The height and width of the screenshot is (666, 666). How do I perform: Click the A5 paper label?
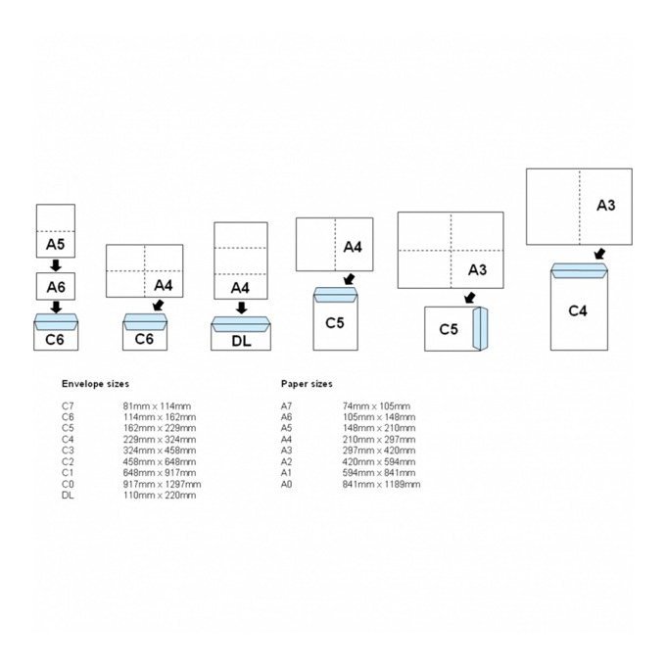tap(55, 244)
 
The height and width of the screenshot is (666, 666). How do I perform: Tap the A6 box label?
tap(56, 287)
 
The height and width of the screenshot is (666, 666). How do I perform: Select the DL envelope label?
tap(241, 341)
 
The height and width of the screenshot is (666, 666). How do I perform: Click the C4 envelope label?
tap(578, 310)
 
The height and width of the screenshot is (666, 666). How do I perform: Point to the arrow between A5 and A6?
tap(56, 265)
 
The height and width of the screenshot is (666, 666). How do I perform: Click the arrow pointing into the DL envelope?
tap(241, 308)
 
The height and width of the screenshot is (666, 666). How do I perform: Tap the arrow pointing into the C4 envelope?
tap(599, 254)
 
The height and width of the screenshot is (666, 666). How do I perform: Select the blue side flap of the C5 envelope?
tap(480, 329)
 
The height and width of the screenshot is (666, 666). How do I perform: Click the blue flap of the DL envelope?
tap(241, 324)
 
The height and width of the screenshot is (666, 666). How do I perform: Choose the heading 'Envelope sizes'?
tap(95, 384)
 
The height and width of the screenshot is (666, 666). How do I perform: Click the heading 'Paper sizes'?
tap(307, 384)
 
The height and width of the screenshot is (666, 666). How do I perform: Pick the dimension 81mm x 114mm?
tap(157, 406)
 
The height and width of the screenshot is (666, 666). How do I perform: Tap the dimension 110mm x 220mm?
tap(160, 496)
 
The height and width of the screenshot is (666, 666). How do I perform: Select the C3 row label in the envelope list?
tap(68, 451)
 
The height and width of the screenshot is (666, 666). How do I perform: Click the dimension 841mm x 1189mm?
tap(381, 484)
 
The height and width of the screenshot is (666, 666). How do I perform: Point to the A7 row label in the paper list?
tap(286, 406)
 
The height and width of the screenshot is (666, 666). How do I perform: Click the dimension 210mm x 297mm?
tap(379, 440)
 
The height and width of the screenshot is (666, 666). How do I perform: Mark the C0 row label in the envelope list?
tap(68, 484)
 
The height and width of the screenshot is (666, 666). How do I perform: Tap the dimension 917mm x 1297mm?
tap(163, 484)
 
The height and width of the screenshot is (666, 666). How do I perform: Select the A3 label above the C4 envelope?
tap(605, 205)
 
